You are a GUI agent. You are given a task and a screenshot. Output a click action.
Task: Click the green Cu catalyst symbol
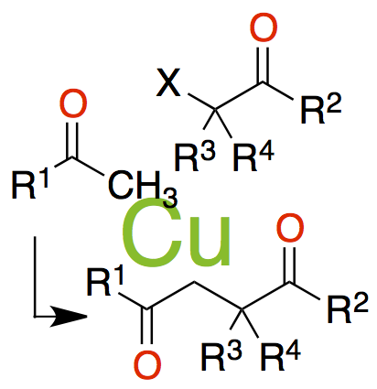click(x=176, y=232)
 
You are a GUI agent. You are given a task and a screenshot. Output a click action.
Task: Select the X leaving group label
click(x=168, y=83)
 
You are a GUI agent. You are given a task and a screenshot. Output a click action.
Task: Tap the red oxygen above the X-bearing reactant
click(x=264, y=28)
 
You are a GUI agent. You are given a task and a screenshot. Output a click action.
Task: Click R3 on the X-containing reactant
click(x=195, y=156)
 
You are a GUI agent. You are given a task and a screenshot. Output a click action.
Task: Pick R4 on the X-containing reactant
click(x=253, y=156)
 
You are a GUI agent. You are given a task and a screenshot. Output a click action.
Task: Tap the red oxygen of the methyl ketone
click(x=73, y=103)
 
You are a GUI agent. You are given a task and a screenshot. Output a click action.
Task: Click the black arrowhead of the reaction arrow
click(x=69, y=317)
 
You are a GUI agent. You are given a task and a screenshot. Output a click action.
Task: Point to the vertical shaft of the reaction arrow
click(x=35, y=276)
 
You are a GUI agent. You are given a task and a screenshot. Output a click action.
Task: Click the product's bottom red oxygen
click(x=147, y=365)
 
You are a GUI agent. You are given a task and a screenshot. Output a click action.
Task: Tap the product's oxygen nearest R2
click(x=290, y=228)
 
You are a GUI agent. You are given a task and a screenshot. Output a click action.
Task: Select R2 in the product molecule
click(x=348, y=308)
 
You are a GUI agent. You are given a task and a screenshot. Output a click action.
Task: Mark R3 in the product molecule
click(x=221, y=355)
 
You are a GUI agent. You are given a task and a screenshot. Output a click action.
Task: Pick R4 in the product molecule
click(x=280, y=355)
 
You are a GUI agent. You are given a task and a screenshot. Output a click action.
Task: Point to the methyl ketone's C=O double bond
click(x=73, y=140)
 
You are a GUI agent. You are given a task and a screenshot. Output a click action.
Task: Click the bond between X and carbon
click(x=201, y=102)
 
